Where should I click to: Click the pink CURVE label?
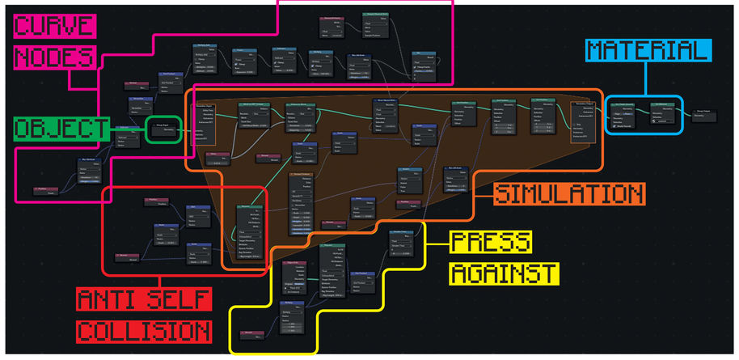(55, 27)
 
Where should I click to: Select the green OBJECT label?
(61, 129)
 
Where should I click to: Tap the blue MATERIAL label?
(648, 51)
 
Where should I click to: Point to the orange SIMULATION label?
(569, 194)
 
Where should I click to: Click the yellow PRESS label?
(491, 242)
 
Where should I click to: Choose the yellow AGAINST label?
(503, 272)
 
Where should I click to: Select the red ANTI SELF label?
(143, 299)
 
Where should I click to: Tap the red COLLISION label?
(143, 331)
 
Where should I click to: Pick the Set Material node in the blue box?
(661, 113)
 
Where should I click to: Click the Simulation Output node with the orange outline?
(585, 121)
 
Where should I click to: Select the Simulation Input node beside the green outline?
(205, 121)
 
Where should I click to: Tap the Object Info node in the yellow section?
(293, 276)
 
